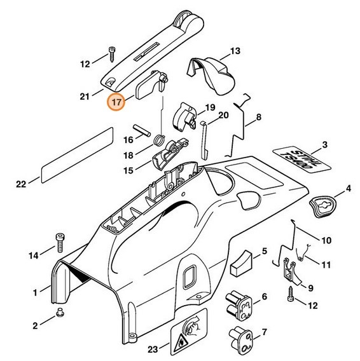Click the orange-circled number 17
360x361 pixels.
[116, 101]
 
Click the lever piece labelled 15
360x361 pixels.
[170, 154]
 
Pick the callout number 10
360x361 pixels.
[326, 240]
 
